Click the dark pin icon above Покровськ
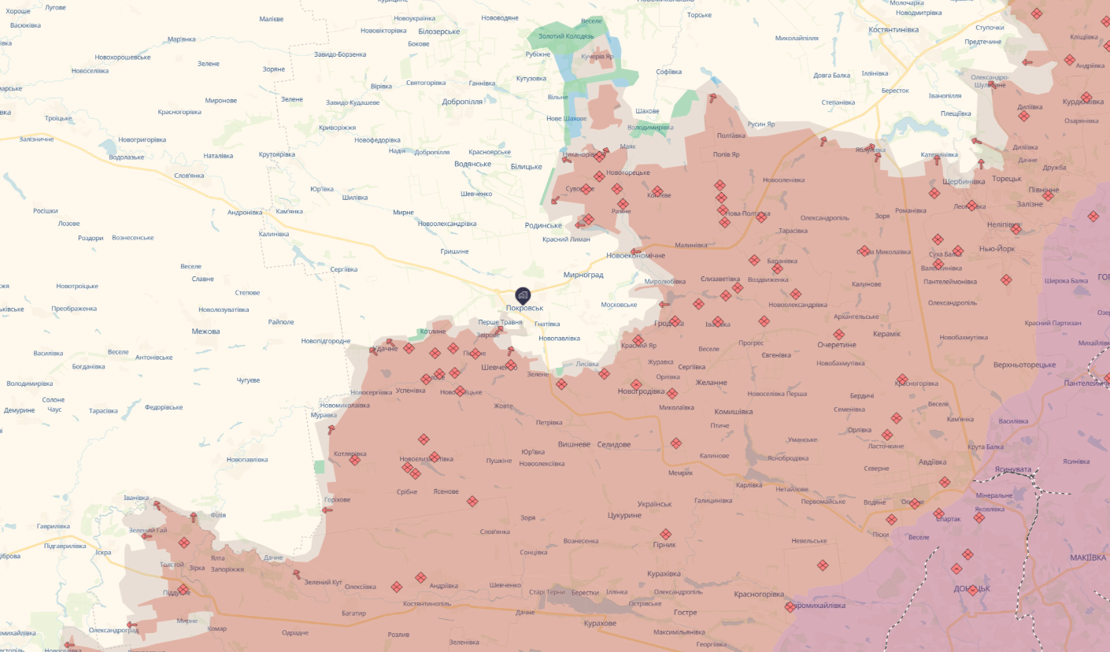click(524, 295)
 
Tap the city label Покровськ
click(525, 308)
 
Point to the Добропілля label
click(462, 102)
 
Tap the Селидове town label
click(614, 445)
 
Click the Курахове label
click(600, 624)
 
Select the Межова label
click(205, 332)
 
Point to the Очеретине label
click(837, 345)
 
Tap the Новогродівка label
click(642, 391)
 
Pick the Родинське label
click(543, 225)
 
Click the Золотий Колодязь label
click(566, 37)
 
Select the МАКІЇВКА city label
click(1088, 558)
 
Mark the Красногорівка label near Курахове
click(759, 595)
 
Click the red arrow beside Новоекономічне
click(636, 252)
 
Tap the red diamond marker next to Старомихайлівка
click(790, 607)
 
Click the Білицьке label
click(526, 166)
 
